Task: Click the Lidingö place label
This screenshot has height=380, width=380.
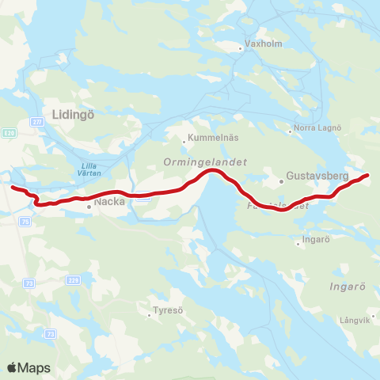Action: point(73,114)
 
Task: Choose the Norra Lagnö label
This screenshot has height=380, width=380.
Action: point(317,127)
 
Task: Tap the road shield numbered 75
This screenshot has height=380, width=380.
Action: point(25,222)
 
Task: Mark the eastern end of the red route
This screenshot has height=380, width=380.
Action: point(368,176)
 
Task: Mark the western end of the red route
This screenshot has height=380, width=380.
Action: point(12,187)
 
